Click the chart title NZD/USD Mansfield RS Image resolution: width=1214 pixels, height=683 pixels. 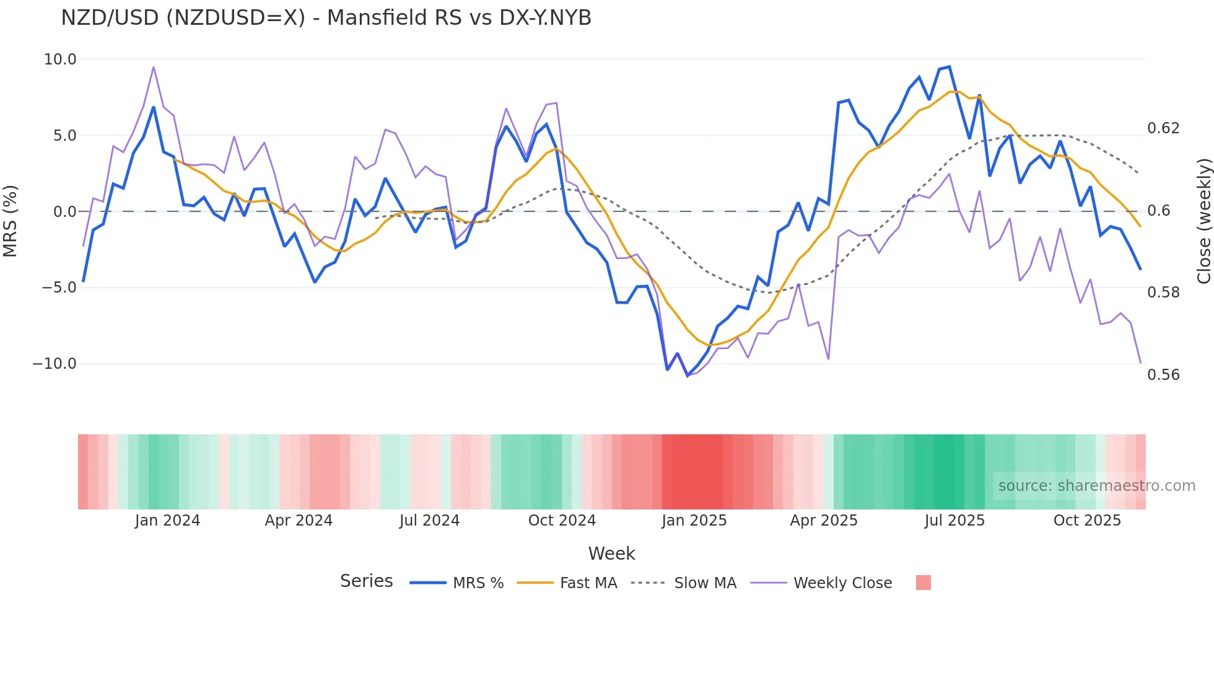coord(326,18)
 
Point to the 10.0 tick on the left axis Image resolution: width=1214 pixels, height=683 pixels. coord(60,59)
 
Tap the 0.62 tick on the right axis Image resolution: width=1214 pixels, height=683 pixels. coord(1163,128)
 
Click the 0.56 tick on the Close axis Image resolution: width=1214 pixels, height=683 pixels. coord(1163,375)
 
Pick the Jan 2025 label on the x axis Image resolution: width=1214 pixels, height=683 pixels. coord(694,521)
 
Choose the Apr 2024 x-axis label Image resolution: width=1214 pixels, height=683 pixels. coord(299,521)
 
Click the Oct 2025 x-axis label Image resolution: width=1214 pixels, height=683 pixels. coord(1087,521)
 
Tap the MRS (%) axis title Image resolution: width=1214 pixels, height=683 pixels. coord(11,221)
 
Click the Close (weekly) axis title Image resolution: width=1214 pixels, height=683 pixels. coord(1203,221)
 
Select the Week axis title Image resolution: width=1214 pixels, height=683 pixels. coord(611,553)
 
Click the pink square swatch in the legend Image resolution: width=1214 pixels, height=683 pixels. coord(923,583)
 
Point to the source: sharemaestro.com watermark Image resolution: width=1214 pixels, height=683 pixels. coord(1096,486)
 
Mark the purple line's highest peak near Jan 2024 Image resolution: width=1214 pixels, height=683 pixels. coord(154,67)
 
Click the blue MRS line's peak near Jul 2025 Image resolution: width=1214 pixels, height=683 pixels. coord(950,67)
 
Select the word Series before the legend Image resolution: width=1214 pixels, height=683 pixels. coord(366,581)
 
